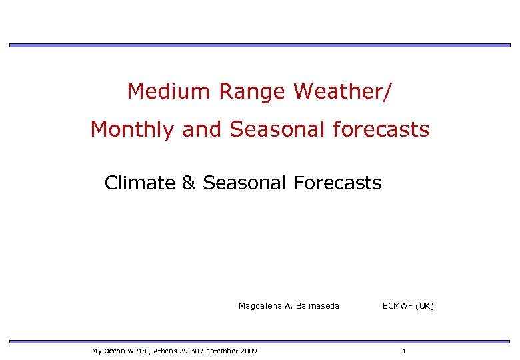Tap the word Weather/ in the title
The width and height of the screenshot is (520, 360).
click(342, 91)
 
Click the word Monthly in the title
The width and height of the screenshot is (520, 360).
click(131, 129)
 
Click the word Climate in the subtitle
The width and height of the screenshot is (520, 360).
click(140, 183)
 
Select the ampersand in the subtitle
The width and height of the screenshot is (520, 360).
click(189, 183)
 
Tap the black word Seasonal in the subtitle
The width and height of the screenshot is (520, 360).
click(244, 183)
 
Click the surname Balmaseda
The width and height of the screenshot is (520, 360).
click(317, 306)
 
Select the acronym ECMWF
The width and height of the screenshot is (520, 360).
click(398, 306)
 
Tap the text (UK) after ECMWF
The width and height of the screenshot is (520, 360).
click(425, 306)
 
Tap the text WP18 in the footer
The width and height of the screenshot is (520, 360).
click(127, 351)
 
